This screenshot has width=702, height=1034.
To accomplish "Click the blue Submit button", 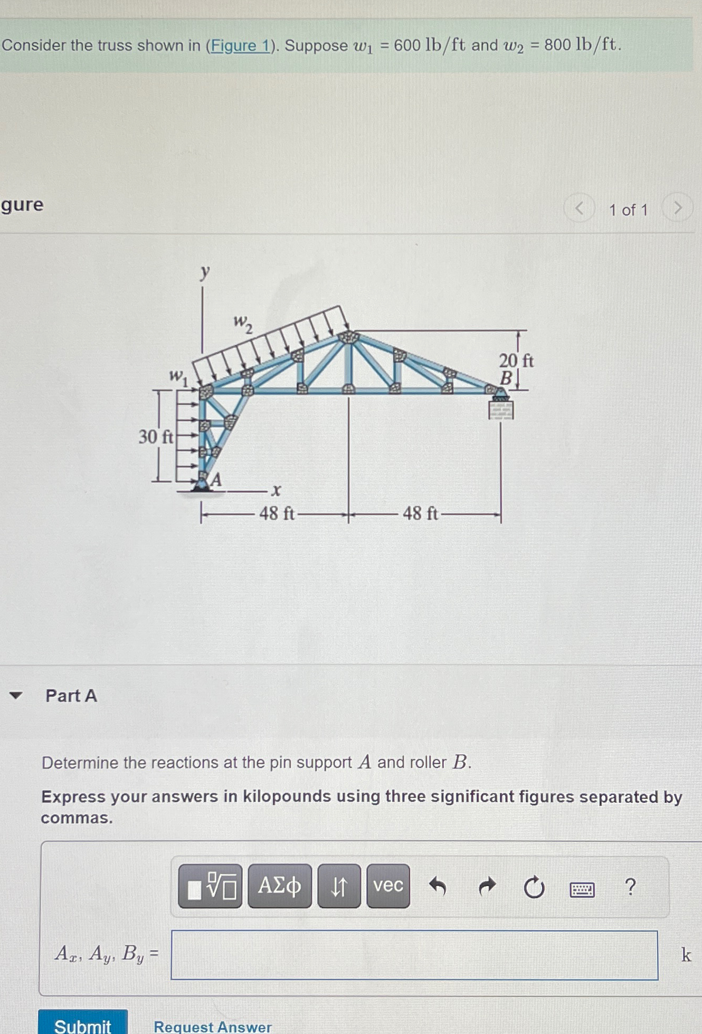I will point(83,1024).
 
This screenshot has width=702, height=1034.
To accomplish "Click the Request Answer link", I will point(212,1026).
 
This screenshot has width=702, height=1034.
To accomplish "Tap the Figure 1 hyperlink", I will point(241,46).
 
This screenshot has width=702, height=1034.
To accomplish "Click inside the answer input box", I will point(414,955).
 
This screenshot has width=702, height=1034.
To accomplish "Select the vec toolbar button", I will point(388,886).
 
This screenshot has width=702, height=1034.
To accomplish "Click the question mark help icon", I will point(630,887).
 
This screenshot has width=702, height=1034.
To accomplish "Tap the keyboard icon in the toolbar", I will point(582,889).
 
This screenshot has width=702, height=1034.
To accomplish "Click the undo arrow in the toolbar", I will point(438,886).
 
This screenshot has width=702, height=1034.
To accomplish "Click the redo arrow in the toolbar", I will point(487,886).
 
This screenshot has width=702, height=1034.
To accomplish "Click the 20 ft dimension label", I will point(516,361).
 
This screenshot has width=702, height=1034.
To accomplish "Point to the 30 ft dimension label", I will point(155,437).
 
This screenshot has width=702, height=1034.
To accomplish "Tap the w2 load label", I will point(243,323).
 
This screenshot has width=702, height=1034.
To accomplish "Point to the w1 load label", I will point(178,377).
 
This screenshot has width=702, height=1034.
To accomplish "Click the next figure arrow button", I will point(678,208).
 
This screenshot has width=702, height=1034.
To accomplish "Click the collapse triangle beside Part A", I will point(16,695).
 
